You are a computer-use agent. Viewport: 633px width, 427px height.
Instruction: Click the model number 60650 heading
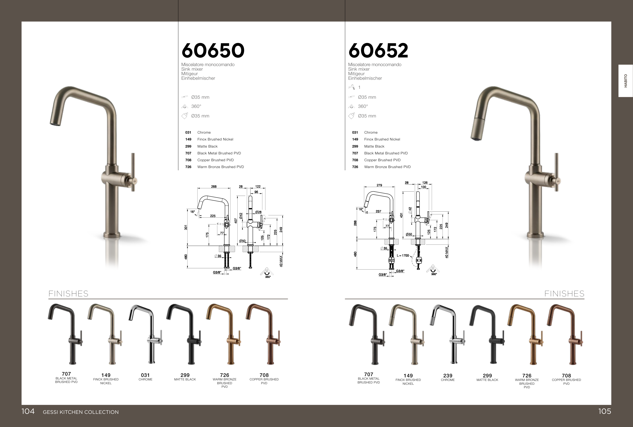(x=213, y=51)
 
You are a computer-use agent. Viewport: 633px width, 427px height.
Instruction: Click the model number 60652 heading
(x=378, y=51)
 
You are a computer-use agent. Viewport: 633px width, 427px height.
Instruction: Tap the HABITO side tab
(x=625, y=81)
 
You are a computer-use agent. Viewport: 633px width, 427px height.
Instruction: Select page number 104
(x=28, y=411)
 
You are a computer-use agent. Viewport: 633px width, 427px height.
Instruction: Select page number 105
(x=605, y=411)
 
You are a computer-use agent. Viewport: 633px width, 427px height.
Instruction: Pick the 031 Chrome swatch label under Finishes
(x=145, y=377)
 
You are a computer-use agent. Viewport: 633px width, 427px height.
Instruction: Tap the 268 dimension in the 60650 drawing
(x=214, y=187)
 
